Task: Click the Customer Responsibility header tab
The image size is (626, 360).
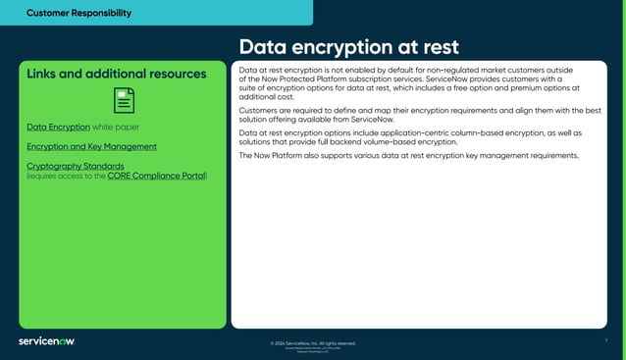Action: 78,13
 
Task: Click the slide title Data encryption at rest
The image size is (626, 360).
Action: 348,48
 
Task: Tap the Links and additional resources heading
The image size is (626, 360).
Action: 116,74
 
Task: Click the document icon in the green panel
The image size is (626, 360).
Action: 124,100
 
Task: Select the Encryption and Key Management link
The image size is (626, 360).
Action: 91,146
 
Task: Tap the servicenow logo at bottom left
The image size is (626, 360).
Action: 46,341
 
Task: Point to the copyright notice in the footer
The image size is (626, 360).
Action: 313,343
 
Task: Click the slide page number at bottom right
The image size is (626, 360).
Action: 606,339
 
